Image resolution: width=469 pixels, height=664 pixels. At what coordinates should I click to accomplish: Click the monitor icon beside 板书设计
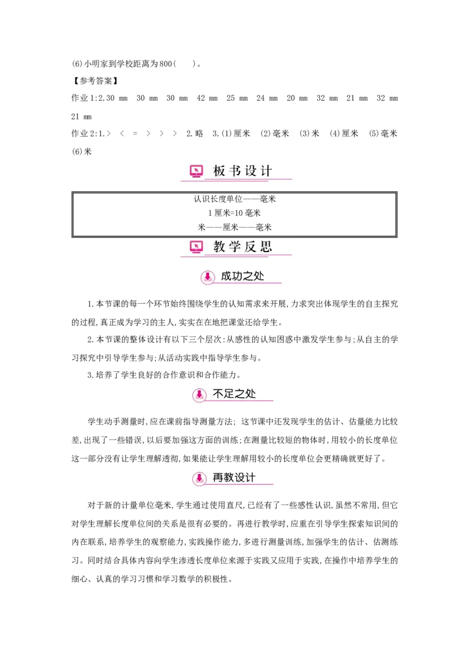196,171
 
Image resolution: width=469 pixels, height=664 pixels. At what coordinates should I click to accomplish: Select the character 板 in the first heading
219,171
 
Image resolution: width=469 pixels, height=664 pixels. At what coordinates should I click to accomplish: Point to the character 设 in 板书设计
251,171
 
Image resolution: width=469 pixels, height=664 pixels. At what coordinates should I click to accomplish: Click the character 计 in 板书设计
267,171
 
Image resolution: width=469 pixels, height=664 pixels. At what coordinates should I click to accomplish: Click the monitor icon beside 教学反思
196,247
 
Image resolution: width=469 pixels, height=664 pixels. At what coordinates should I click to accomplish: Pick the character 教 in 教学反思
219,247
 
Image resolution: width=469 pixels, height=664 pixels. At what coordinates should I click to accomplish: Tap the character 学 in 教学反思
235,247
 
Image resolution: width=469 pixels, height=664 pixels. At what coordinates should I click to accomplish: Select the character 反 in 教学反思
251,247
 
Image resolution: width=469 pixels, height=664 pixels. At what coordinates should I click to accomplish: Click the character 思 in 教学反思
267,247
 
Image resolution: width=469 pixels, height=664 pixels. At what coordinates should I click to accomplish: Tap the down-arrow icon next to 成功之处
207,276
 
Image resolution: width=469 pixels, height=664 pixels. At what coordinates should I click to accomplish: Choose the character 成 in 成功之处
226,276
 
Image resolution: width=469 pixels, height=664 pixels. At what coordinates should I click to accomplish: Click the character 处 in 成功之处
259,276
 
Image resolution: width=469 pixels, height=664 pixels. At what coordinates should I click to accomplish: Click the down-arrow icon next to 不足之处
199,395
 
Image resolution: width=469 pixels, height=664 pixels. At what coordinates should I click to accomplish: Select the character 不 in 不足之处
218,394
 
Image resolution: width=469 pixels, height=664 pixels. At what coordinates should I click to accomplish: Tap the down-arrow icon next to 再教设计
199,478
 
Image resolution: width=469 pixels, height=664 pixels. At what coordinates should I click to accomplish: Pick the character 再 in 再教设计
218,477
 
